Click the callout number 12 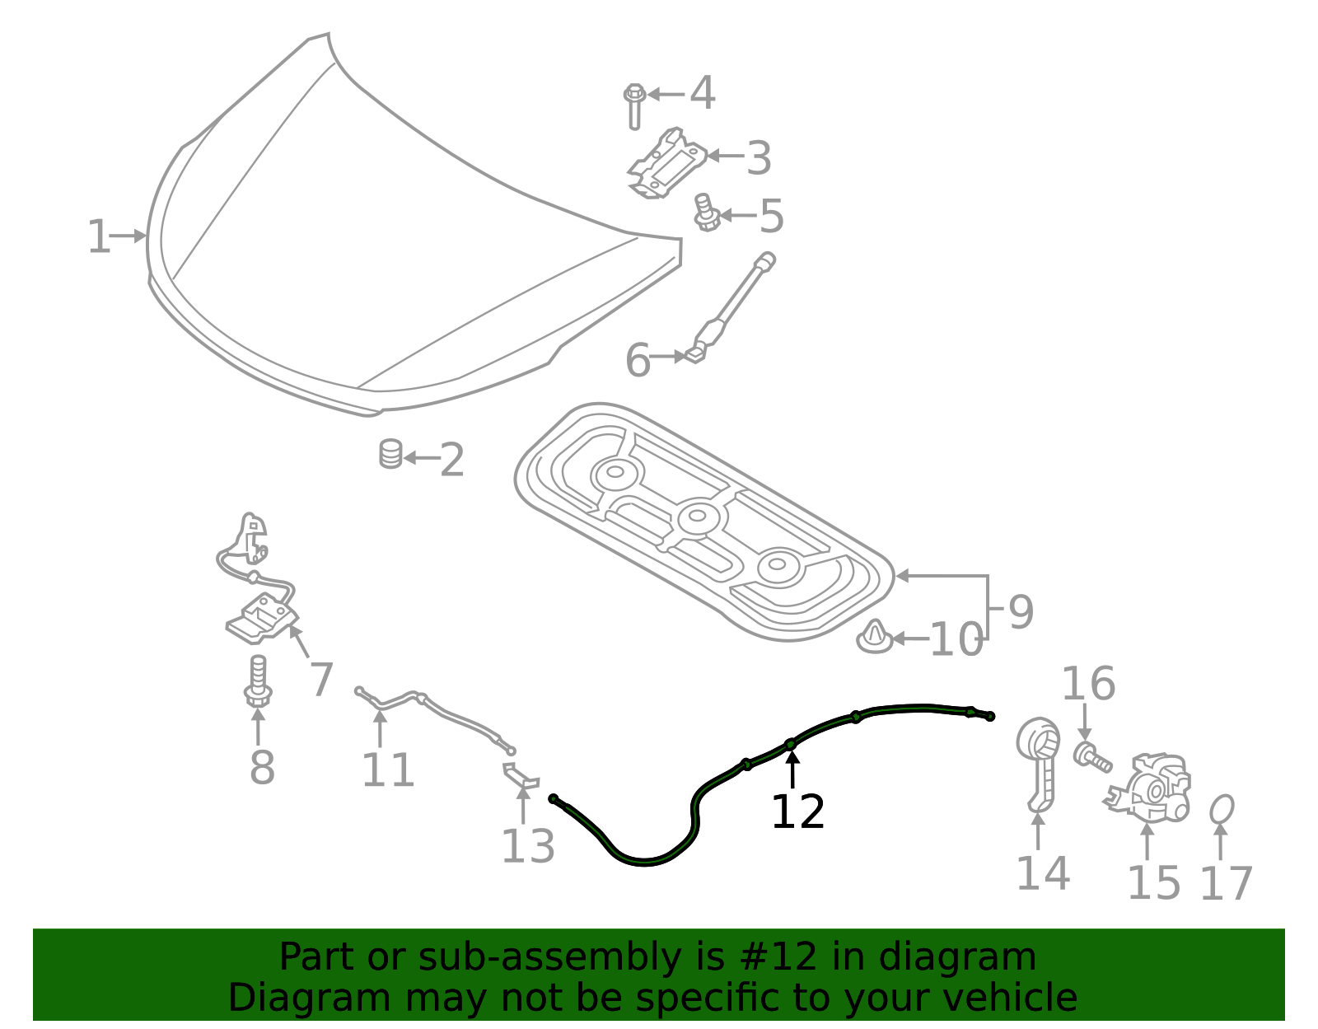coord(797,812)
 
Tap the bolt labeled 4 coord(634,106)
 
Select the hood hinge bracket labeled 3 coord(667,163)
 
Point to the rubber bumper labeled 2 coord(390,454)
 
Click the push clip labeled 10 coord(874,638)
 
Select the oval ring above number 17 coord(1222,810)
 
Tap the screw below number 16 coord(1092,757)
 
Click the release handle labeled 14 coord(1039,764)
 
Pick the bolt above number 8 coord(258,681)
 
